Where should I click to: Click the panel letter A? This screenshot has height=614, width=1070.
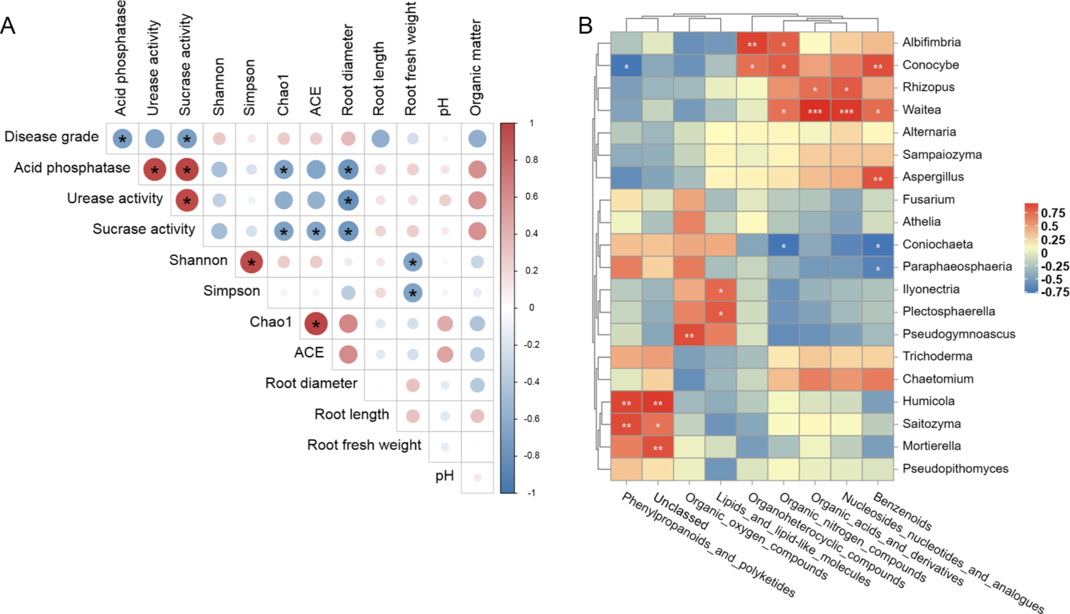8,26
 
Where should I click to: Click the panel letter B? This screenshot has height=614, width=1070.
585,26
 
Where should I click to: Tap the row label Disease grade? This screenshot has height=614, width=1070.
51,137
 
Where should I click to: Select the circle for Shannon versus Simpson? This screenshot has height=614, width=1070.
252,262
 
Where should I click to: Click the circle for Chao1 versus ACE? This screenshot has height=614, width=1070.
316,323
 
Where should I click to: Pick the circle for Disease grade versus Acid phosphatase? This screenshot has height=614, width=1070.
123,139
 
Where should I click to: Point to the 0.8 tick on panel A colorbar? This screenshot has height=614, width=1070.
531,160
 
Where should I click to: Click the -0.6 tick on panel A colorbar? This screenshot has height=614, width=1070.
531,419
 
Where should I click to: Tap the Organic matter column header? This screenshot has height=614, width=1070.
476,68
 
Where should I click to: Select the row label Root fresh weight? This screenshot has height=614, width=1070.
364,445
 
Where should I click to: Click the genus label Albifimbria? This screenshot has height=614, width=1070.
931,42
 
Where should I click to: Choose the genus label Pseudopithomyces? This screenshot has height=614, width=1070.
955,469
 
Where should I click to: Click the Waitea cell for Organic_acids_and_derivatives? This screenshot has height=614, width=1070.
815,111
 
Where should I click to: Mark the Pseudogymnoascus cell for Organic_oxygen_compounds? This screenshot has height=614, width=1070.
689,335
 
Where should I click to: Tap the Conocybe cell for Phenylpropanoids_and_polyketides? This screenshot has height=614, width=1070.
626,66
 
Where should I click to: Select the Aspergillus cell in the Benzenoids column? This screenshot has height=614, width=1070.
878,178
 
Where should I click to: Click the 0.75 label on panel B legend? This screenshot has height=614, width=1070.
1053,213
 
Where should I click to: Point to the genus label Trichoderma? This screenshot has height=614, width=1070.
937,356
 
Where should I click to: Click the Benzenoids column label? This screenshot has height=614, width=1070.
902,512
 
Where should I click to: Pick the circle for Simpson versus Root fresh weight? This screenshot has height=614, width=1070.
412,293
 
